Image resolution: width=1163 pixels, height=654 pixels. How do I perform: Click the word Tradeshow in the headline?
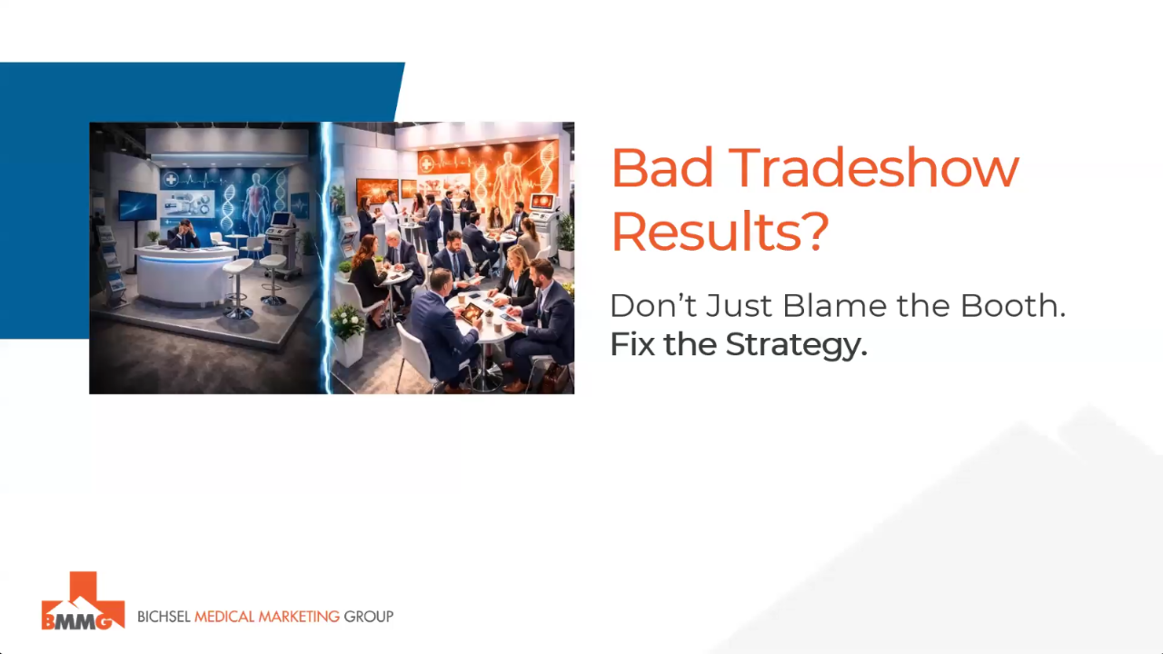(874, 168)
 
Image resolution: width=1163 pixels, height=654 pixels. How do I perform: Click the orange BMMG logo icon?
(83, 601)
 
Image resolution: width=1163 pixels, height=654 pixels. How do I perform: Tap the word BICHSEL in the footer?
(164, 617)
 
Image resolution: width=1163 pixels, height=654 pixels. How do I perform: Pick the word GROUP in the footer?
(368, 617)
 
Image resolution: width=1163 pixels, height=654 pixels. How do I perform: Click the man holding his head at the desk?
(183, 235)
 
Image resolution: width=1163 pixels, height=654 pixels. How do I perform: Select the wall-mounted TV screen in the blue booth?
(137, 205)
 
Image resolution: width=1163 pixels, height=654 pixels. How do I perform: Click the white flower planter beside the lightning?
(347, 336)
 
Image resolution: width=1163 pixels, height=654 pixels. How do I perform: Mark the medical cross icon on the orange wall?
(428, 163)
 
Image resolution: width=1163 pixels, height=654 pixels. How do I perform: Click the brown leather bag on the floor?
(554, 376)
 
